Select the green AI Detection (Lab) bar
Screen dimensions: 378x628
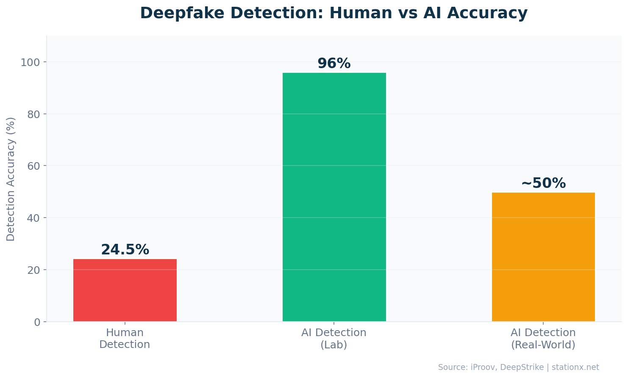tap(334, 197)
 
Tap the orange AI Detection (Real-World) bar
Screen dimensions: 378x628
tap(543, 257)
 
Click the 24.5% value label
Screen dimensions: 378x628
tap(125, 250)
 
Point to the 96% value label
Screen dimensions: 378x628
tap(334, 63)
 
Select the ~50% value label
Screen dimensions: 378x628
tap(543, 183)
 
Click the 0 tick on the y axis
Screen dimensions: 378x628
tap(37, 322)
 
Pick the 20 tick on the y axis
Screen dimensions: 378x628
tap(34, 270)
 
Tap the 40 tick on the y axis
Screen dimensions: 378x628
tap(34, 218)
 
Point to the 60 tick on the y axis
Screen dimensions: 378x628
tap(34, 166)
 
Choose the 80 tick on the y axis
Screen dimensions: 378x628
tap(34, 114)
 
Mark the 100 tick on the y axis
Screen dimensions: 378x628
tap(31, 62)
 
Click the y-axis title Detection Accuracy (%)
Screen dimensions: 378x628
tap(11, 179)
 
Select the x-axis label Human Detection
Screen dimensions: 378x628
tap(125, 339)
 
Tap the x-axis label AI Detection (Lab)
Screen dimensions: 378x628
tap(334, 339)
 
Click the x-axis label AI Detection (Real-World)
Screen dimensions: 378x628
tap(543, 339)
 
